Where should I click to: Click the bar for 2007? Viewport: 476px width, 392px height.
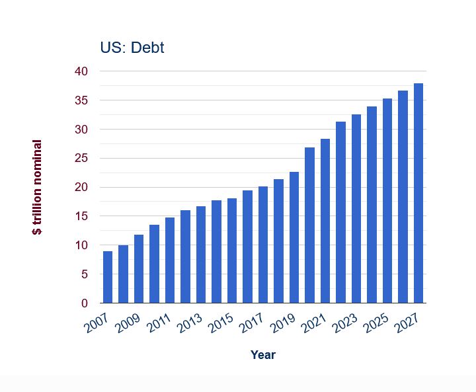tap(107, 277)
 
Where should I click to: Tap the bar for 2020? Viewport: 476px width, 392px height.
tap(309, 225)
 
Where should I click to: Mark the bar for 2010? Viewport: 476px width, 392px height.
tap(154, 264)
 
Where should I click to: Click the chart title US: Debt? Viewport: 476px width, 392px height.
tap(132, 48)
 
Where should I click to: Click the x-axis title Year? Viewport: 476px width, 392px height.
tap(263, 355)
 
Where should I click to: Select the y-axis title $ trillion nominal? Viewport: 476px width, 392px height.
tap(38, 187)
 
